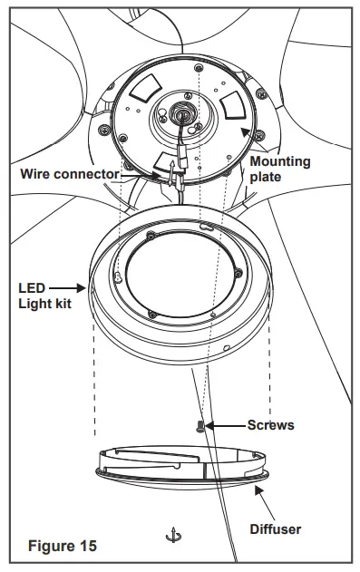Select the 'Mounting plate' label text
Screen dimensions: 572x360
[x=280, y=169]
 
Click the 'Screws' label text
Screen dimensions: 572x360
[x=271, y=424]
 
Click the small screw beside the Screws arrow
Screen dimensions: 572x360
[x=201, y=424]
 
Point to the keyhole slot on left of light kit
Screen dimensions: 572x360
[x=120, y=276]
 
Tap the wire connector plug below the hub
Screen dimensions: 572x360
[x=181, y=167]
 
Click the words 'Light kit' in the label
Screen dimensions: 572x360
[x=44, y=303]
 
